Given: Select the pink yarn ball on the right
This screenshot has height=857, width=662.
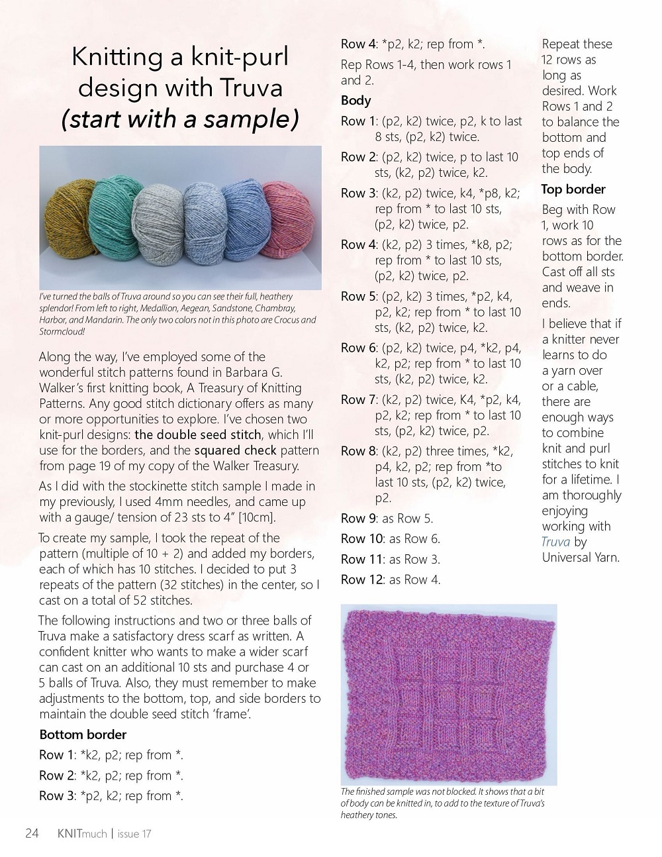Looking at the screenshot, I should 289,221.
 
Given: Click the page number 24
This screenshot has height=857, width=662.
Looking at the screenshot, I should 32,833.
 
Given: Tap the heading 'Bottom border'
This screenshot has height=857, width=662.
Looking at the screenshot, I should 83,734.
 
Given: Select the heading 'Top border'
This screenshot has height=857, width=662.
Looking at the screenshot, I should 573,189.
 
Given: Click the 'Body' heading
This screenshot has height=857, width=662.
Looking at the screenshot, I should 355,101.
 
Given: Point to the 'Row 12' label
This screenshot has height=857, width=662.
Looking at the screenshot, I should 362,580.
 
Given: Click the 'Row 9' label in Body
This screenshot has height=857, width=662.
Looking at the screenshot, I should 359,519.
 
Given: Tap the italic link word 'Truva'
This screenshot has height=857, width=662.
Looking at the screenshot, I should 555,542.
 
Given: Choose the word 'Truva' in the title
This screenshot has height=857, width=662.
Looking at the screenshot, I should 252,87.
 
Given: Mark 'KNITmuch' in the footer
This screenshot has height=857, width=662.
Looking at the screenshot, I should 82,834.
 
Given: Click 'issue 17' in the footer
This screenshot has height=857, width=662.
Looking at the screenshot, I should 134,834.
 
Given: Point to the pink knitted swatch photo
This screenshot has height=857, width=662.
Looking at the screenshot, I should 448,693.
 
